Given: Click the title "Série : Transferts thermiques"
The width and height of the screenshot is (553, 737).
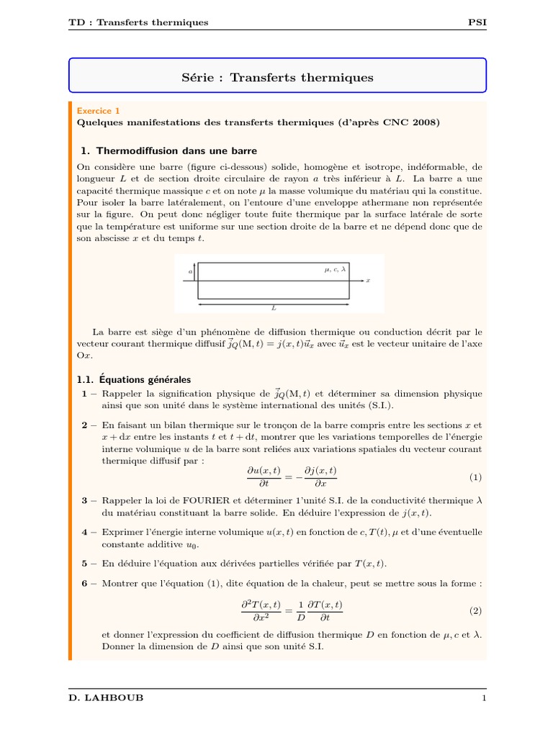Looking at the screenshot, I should point(276,77).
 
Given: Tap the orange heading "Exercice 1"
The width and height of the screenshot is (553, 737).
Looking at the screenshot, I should point(98,111).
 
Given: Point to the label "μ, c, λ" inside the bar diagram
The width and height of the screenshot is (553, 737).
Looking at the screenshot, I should point(336,269).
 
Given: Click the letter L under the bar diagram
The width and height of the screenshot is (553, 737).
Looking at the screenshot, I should point(274,307).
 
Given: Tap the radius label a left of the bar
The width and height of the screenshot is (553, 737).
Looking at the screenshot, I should point(190,271).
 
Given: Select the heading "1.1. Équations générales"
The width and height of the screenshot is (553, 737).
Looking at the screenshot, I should point(134,379).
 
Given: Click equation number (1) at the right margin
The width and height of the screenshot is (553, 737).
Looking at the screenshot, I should point(475,477).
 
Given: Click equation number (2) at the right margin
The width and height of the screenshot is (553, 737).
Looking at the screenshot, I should point(475,610).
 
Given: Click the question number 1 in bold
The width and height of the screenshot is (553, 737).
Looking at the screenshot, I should point(85,394).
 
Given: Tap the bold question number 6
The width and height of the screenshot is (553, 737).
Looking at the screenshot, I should point(85,582).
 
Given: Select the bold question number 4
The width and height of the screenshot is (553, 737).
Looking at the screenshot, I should point(85,532).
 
